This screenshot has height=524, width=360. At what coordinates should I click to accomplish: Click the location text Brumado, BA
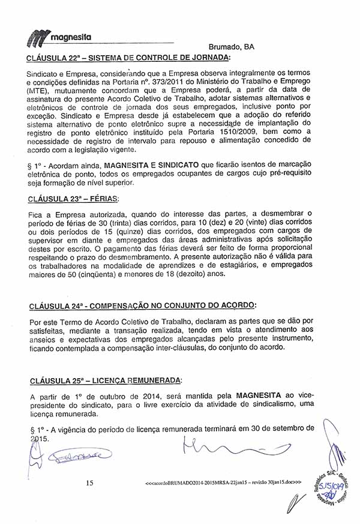[x=232, y=47]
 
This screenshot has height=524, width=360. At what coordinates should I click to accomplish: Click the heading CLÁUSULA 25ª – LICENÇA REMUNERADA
[x=104, y=381]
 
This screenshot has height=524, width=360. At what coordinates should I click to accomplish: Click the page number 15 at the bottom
[x=90, y=483]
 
